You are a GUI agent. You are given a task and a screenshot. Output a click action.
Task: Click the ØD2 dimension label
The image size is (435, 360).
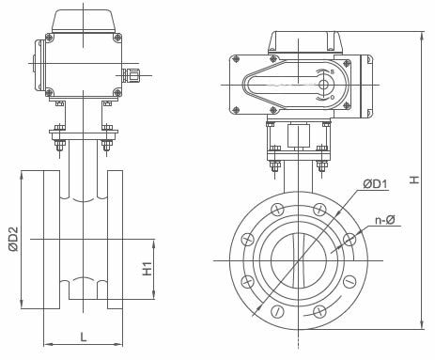click(14, 239)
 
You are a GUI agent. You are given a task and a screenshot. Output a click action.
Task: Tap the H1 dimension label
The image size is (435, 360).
click(148, 269)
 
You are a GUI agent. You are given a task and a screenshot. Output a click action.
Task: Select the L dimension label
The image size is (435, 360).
click(83, 337)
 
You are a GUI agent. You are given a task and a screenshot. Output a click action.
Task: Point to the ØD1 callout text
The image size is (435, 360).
click(375, 184)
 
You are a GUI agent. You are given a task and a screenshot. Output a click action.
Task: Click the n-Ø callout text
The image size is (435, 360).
click(385, 220)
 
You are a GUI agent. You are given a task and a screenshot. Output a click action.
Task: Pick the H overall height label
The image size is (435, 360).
click(414, 180)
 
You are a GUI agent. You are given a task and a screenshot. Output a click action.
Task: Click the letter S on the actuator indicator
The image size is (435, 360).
click(333, 71)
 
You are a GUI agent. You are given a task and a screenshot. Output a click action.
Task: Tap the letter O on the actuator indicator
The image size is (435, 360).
click(333, 98)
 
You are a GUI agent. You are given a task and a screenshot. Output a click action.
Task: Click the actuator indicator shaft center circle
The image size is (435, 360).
click(324, 85)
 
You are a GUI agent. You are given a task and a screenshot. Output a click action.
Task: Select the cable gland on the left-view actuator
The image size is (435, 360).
click(131, 75)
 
